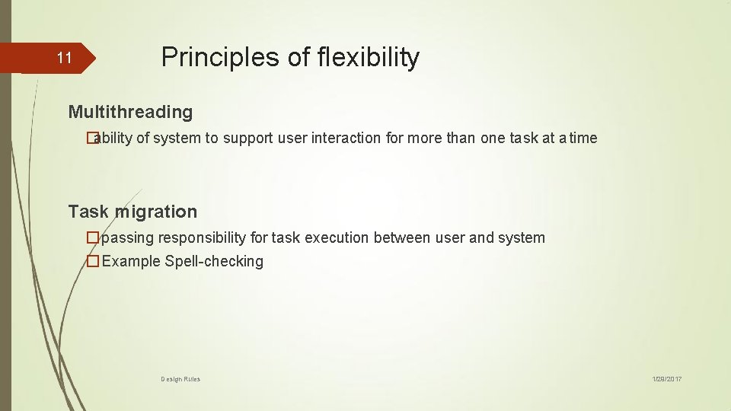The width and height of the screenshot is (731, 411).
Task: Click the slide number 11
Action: click(x=64, y=58)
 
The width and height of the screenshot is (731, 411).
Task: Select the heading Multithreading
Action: click(x=130, y=112)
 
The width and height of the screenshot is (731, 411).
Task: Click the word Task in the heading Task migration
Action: click(x=88, y=212)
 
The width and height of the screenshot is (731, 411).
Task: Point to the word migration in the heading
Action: click(x=156, y=212)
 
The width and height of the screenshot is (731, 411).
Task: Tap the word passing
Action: click(x=127, y=237)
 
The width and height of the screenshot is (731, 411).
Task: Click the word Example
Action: click(x=131, y=261)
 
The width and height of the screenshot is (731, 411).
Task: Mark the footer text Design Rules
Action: click(x=180, y=378)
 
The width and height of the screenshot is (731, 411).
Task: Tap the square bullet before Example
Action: click(x=93, y=261)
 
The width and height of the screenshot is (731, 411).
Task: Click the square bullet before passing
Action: click(x=93, y=237)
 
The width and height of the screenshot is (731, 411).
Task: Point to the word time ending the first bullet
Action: click(x=583, y=138)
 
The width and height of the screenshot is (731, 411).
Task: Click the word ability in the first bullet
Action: click(x=115, y=138)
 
